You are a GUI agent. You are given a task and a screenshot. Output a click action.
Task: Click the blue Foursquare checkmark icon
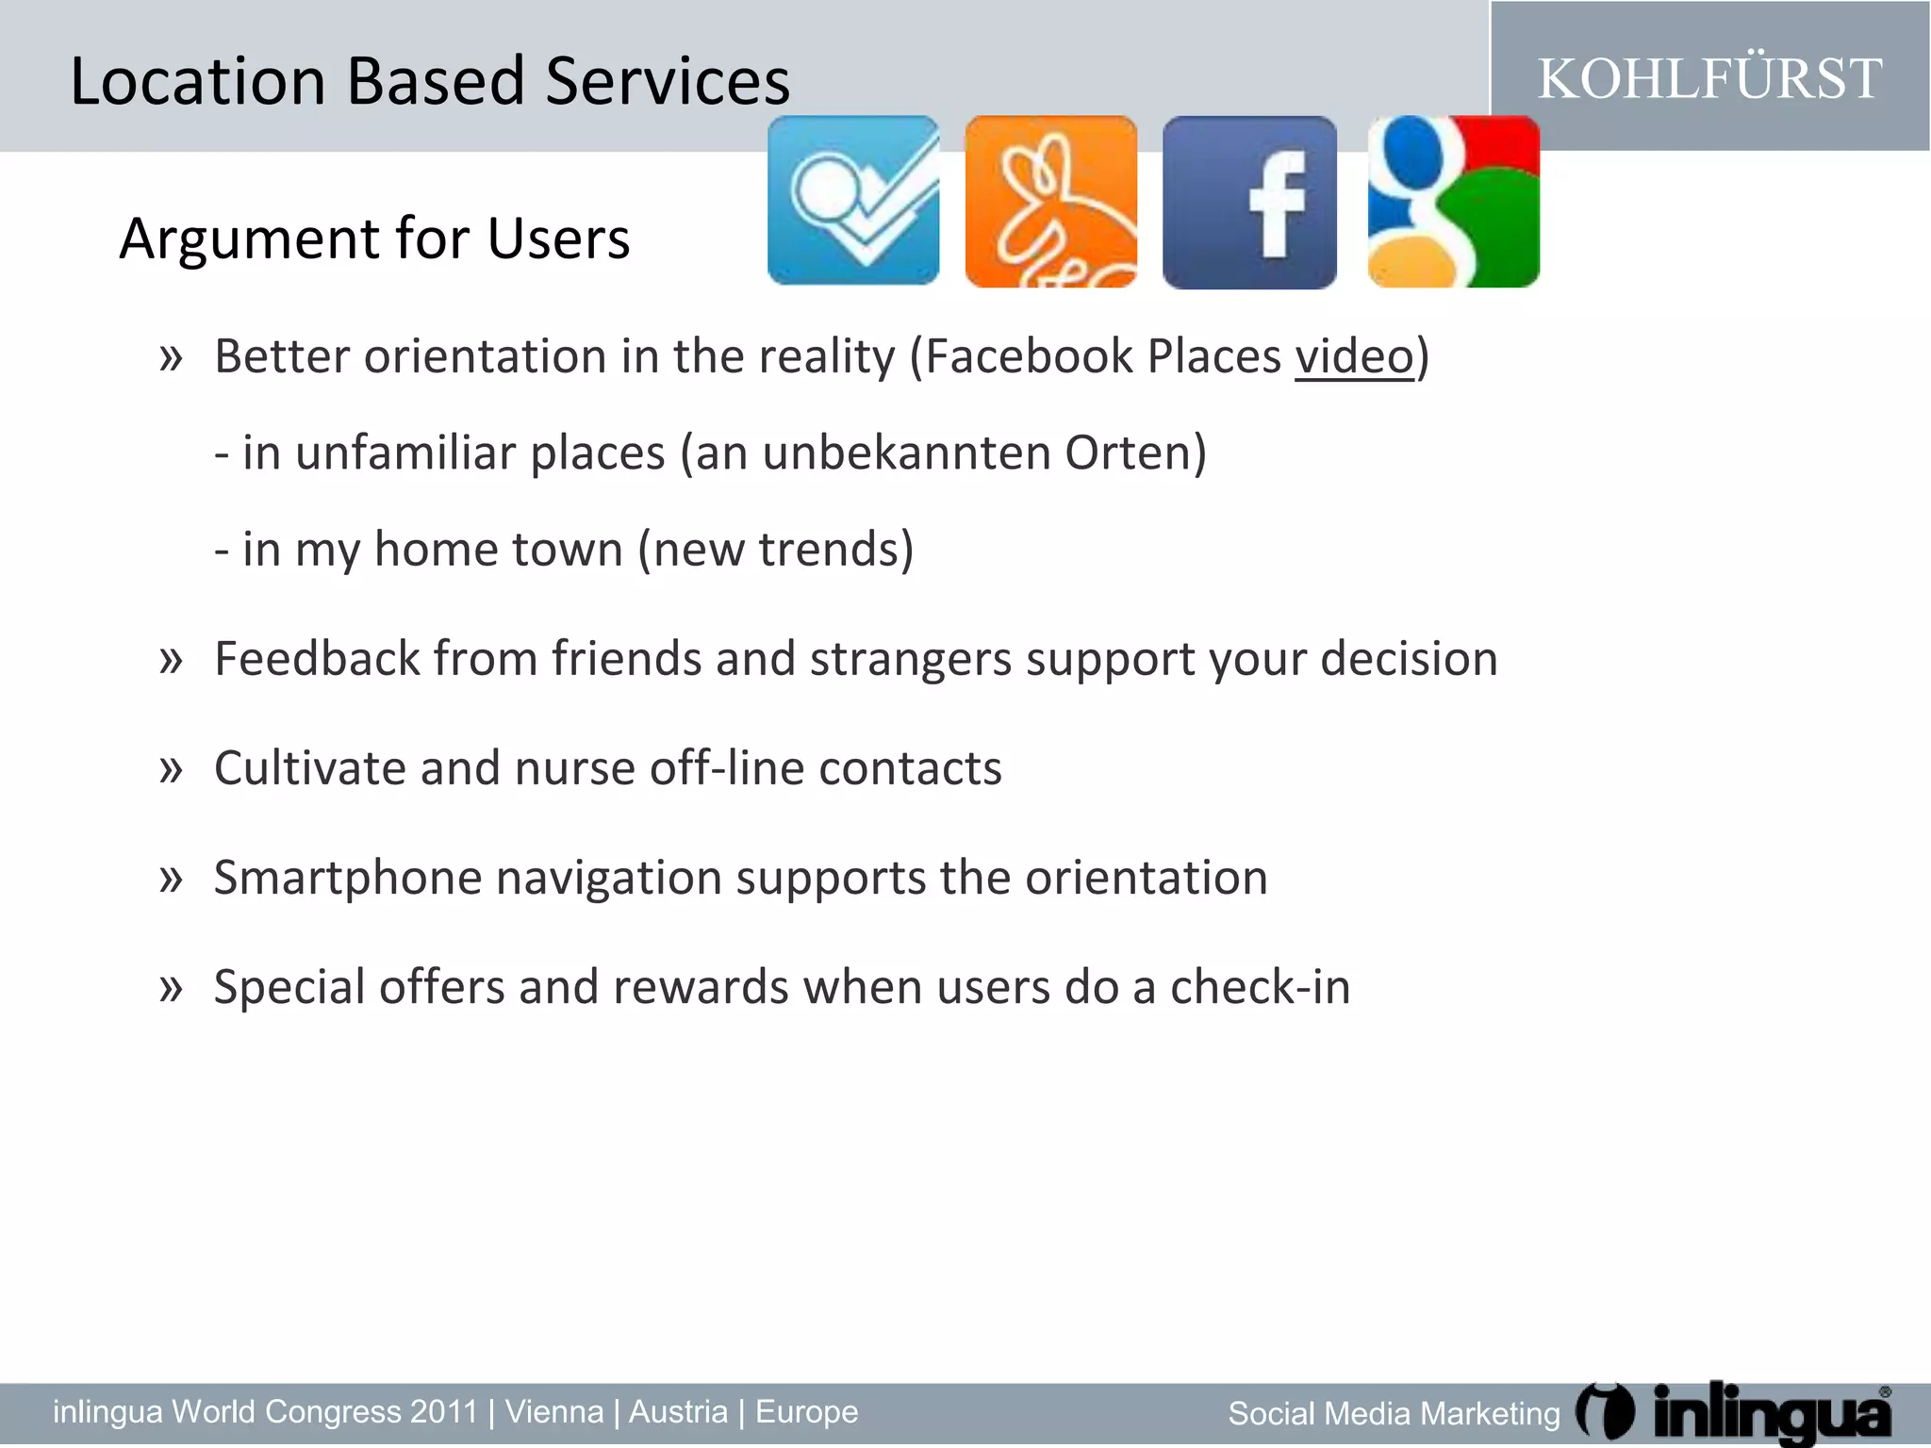(853, 200)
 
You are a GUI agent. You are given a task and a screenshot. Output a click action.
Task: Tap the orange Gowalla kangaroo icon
(1050, 201)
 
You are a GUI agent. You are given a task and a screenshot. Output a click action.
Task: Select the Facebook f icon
(1249, 202)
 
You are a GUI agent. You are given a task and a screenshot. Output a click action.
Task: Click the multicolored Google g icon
(1453, 201)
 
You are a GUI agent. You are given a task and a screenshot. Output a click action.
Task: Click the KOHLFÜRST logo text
(1709, 78)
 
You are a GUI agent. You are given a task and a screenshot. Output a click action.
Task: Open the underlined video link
(1354, 357)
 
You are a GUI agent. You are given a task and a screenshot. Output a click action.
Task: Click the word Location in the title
(197, 81)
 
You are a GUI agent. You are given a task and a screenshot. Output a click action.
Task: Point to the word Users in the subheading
(558, 239)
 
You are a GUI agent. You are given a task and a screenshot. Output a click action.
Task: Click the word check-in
(1260, 987)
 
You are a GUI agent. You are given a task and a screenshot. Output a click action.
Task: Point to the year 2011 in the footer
(443, 1412)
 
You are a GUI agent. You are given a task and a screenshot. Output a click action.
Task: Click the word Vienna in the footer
(554, 1412)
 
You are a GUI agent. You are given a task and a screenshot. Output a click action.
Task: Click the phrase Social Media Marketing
(1394, 1414)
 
